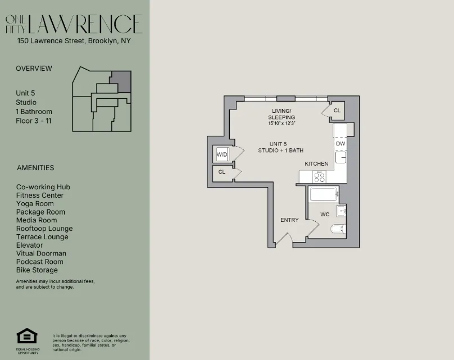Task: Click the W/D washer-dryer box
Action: click(221, 154)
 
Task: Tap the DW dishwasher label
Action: click(341, 144)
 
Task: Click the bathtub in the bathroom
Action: click(323, 195)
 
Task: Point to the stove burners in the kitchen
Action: click(319, 177)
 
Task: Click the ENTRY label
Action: click(289, 220)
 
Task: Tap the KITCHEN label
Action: click(316, 163)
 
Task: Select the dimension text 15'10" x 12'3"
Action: click(282, 122)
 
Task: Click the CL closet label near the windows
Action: click(337, 111)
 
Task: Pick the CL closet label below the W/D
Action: click(221, 172)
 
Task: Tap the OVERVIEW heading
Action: click(34, 69)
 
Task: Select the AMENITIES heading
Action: click(35, 167)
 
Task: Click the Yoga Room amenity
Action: click(35, 204)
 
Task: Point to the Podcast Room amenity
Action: click(39, 262)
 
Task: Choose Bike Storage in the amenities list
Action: click(37, 270)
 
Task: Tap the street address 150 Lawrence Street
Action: click(74, 40)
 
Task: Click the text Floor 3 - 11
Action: click(34, 121)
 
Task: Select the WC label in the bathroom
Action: click(325, 215)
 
